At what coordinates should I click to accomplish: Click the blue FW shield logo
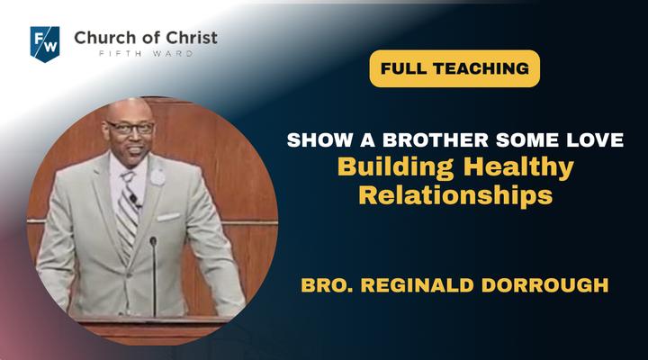tap(45, 44)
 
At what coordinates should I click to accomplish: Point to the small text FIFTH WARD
tap(146, 54)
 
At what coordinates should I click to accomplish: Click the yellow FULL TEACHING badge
tap(454, 68)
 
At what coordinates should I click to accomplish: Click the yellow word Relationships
tap(455, 194)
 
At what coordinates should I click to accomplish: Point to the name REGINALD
tap(417, 285)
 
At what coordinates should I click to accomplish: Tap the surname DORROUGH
tap(545, 285)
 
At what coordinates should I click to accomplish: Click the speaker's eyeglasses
tap(130, 128)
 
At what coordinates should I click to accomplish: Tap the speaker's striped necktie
tap(128, 211)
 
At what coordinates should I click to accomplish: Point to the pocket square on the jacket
tap(167, 217)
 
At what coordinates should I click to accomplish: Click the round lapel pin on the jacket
tap(157, 177)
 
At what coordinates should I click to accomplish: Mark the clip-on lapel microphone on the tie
tap(134, 201)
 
